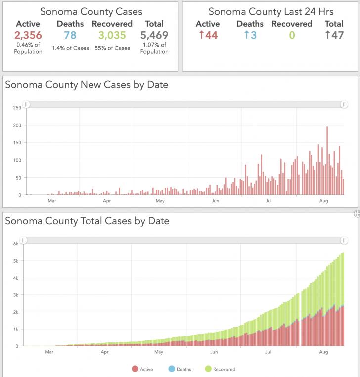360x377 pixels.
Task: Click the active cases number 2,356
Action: tap(28, 35)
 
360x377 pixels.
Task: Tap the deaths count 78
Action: tap(70, 35)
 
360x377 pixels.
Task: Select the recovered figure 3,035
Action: tap(112, 35)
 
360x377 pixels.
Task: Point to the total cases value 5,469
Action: tap(154, 35)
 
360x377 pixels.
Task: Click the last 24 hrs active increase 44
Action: tap(208, 35)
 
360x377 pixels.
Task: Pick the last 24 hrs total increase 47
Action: tap(334, 35)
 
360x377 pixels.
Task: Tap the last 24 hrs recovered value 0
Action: tap(292, 35)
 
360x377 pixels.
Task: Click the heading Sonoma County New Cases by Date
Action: tap(87, 85)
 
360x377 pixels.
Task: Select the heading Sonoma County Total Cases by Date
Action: tap(87, 221)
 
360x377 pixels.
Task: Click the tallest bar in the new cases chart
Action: tap(327, 161)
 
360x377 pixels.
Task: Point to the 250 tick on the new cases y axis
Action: tap(17, 108)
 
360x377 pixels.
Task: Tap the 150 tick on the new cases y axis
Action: tap(17, 143)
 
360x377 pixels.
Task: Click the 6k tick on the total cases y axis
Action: tap(16, 244)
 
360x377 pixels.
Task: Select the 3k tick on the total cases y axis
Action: tap(16, 295)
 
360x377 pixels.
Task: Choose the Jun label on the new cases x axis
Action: tap(215, 201)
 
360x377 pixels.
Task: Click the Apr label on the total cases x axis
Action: tap(105, 352)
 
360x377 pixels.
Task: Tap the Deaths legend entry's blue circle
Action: tap(172, 369)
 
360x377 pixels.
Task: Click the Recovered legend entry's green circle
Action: tap(208, 369)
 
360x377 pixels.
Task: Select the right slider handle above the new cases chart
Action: tap(344, 104)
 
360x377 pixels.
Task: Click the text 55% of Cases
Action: tap(112, 48)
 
